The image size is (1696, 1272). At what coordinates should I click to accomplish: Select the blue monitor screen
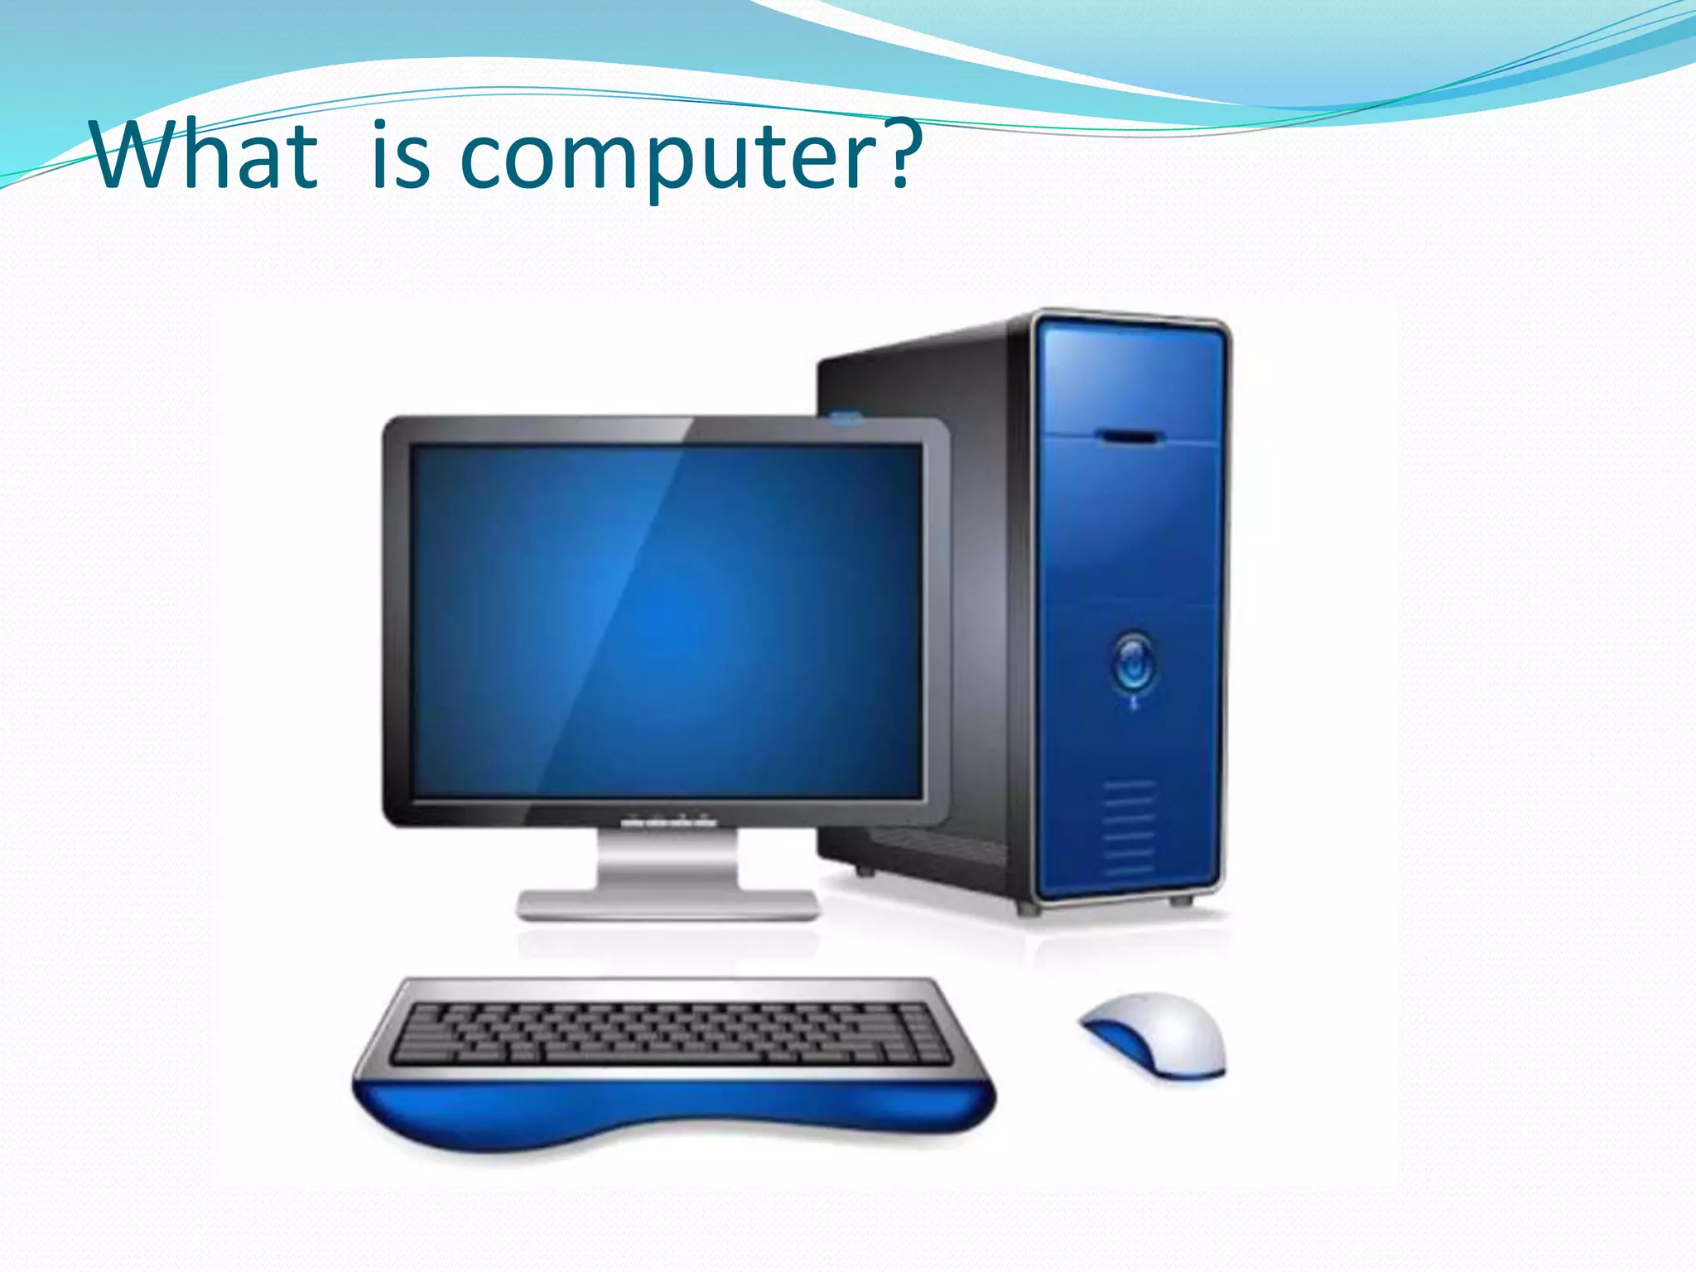[667, 621]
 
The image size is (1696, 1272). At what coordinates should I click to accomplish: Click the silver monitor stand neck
[667, 861]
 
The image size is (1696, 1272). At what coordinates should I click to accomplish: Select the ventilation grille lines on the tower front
[1129, 828]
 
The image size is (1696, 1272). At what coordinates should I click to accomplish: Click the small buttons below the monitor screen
[667, 823]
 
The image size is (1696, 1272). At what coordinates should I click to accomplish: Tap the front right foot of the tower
[1179, 900]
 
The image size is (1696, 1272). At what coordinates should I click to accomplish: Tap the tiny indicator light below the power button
[1134, 705]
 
